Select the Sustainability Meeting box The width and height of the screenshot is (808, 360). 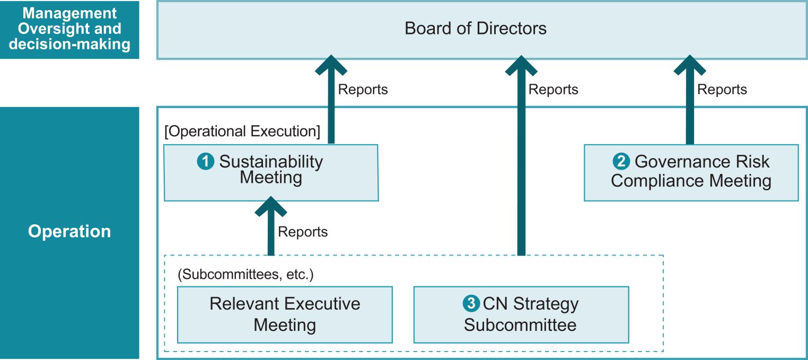click(271, 173)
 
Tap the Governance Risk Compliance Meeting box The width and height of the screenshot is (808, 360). click(691, 173)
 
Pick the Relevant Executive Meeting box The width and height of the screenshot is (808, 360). click(285, 314)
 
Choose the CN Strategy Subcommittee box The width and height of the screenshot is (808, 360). click(521, 314)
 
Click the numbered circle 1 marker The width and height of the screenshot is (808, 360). click(206, 161)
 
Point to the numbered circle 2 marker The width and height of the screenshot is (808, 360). click(621, 161)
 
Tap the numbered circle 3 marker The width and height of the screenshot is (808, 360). click(471, 303)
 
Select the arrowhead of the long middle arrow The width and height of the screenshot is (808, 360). click(521, 65)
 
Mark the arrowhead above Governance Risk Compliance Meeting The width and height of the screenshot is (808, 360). click(690, 65)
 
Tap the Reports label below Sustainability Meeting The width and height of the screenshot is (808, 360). click(303, 232)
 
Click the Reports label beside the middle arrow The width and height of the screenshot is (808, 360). click(554, 90)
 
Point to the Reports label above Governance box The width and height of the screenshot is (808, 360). click(722, 90)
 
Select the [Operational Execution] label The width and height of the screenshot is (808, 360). click(242, 131)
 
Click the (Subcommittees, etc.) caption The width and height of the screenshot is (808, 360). click(245, 275)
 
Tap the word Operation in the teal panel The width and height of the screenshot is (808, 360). click(69, 231)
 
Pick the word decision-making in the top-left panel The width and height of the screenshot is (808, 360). click(69, 45)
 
